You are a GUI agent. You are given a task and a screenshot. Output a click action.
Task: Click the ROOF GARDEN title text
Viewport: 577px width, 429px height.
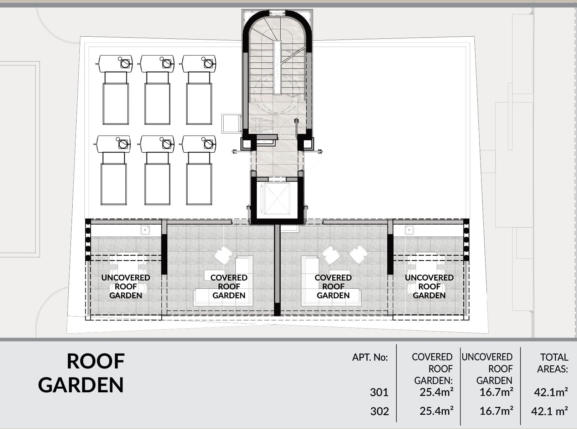click(82, 373)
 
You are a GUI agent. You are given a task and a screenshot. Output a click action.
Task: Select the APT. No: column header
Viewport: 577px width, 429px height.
click(370, 357)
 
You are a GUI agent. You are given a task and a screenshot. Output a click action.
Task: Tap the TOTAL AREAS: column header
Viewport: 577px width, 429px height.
click(553, 363)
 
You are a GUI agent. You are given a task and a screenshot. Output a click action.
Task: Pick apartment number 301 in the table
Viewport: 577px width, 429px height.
click(379, 392)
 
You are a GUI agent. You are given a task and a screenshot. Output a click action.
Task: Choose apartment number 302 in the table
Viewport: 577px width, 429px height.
click(380, 411)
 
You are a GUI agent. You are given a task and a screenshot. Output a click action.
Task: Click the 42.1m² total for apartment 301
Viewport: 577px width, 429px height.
click(551, 392)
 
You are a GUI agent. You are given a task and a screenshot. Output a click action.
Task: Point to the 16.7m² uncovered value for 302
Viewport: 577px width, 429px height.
click(497, 411)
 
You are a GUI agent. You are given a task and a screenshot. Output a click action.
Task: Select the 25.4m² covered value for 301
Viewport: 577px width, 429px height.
click(437, 392)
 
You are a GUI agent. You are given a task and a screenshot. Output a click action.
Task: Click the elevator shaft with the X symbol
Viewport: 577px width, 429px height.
click(277, 199)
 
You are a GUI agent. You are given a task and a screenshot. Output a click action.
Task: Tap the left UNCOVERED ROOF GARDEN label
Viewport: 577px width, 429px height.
click(126, 287)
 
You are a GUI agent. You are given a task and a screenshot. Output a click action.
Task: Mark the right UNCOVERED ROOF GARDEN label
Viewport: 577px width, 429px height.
click(429, 287)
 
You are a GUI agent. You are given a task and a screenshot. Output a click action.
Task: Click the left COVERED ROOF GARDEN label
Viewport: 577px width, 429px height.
click(229, 287)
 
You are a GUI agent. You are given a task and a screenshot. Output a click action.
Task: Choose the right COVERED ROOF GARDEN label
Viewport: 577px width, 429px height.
click(333, 287)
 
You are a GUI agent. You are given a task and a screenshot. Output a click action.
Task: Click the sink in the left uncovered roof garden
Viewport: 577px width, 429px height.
click(145, 230)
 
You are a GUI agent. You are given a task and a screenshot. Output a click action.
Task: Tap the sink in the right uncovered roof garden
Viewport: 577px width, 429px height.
click(409, 230)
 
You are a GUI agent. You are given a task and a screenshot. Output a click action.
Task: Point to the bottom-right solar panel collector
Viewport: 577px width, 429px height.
click(199, 184)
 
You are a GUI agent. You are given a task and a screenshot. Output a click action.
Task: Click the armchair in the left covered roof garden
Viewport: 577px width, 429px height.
click(223, 255)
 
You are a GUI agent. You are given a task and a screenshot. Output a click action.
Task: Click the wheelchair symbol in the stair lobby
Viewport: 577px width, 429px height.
click(262, 125)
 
